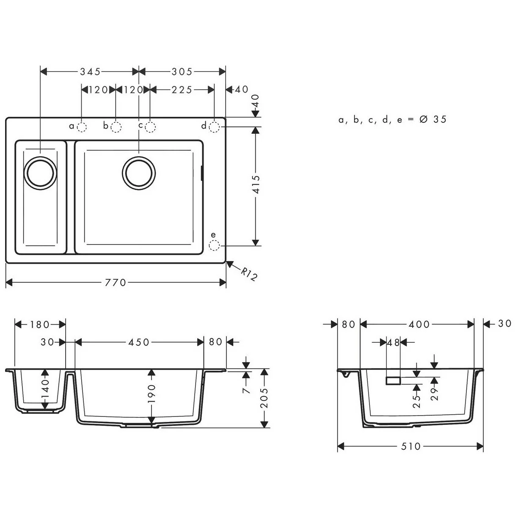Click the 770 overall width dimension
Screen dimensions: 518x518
116,282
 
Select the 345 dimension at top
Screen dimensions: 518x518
91,72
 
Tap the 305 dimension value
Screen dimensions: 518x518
182,72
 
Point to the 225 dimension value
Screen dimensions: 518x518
182,90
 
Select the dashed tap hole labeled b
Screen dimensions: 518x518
116,127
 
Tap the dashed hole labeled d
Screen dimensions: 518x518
215,127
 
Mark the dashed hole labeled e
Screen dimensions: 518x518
215,245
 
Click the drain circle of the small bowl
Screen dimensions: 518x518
41,173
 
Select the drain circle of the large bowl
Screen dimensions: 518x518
139,173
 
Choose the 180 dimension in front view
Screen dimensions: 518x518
40,325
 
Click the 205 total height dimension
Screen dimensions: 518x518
264,398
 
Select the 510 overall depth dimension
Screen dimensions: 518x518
410,446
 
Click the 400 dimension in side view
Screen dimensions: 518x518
419,325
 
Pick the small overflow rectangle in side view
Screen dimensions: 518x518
393,381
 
